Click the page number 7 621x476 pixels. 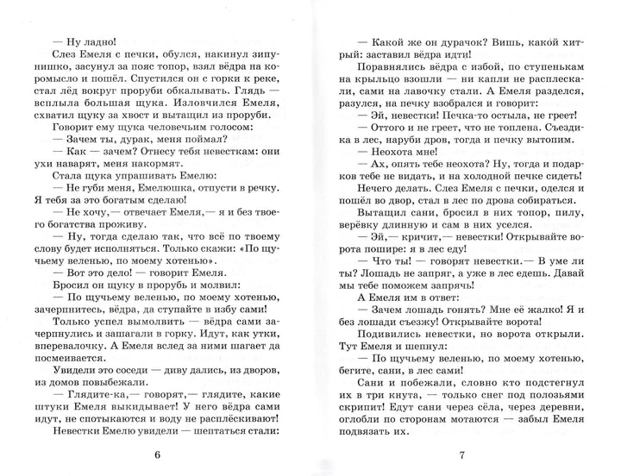(x=462, y=455)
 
